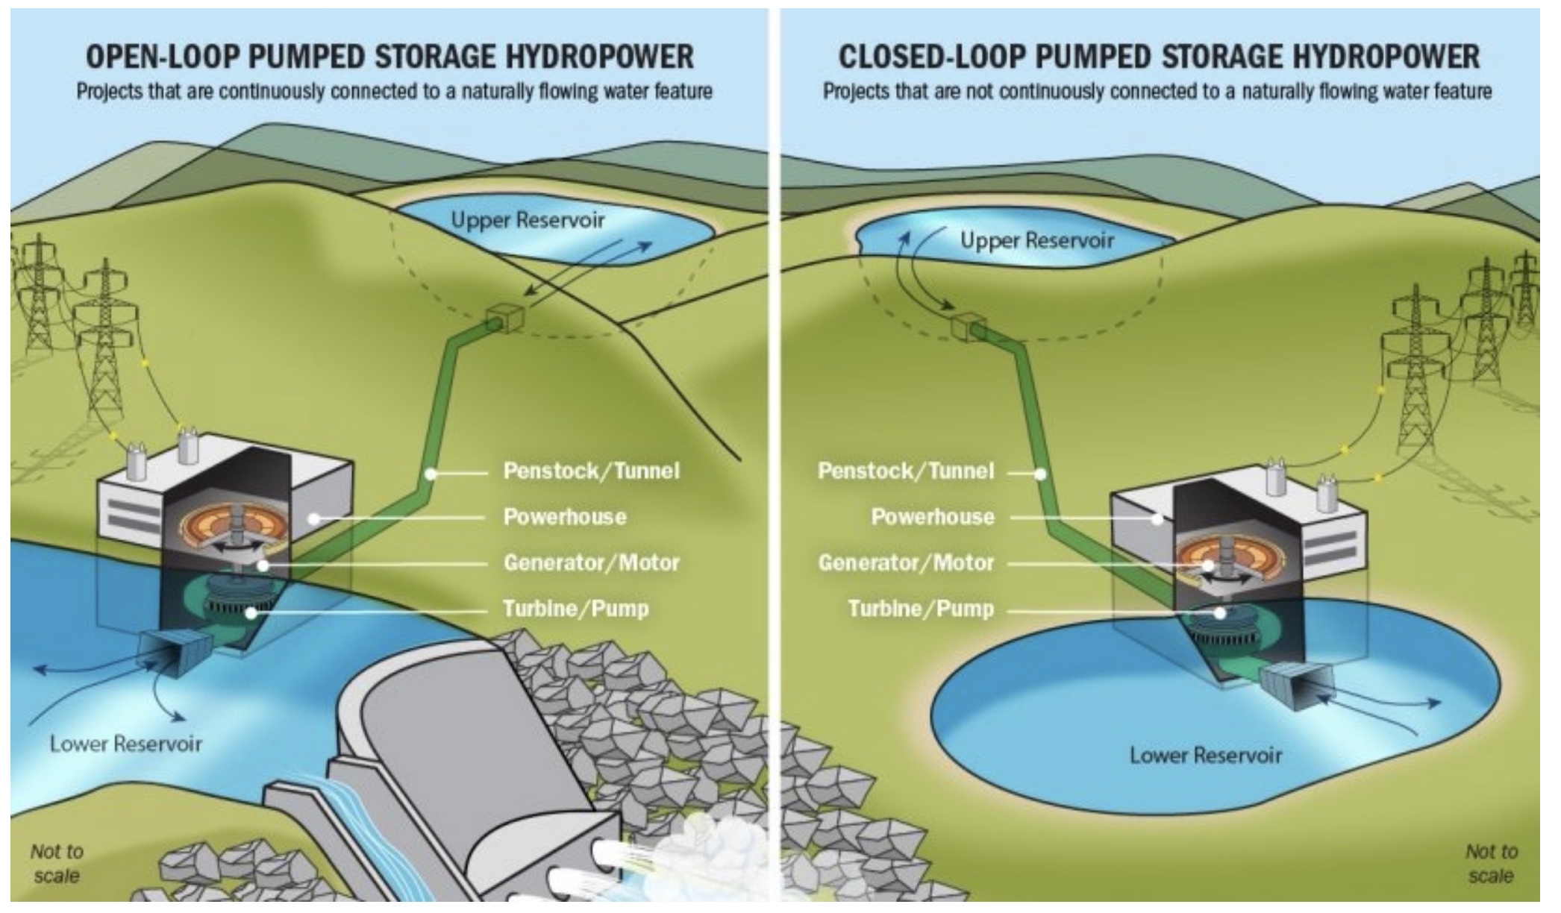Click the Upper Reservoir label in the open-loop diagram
tap(528, 221)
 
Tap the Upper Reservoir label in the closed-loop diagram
tap(1036, 241)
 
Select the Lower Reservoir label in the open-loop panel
tap(126, 744)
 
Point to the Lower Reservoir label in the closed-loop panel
tap(1206, 755)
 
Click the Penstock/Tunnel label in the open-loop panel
tap(592, 471)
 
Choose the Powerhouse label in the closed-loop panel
tap(933, 517)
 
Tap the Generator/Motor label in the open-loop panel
tap(592, 562)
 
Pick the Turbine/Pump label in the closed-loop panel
tap(921, 609)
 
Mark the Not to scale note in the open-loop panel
tap(57, 863)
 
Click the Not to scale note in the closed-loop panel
tap(1491, 863)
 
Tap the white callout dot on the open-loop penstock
tap(431, 473)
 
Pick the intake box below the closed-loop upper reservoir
tap(969, 327)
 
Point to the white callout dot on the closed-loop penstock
tap(1040, 473)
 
